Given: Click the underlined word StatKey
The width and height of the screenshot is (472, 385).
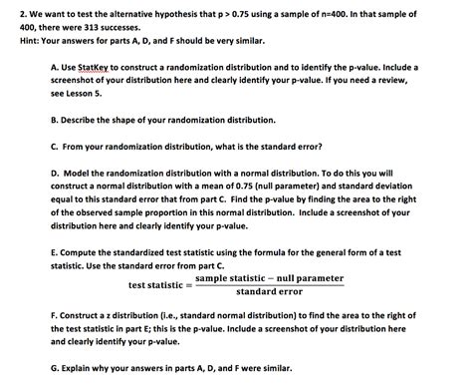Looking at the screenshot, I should pos(101,67).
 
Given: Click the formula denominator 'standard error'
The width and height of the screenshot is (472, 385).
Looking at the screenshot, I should pos(269,292).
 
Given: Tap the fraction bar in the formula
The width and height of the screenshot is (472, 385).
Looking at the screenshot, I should pos(269,285).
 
